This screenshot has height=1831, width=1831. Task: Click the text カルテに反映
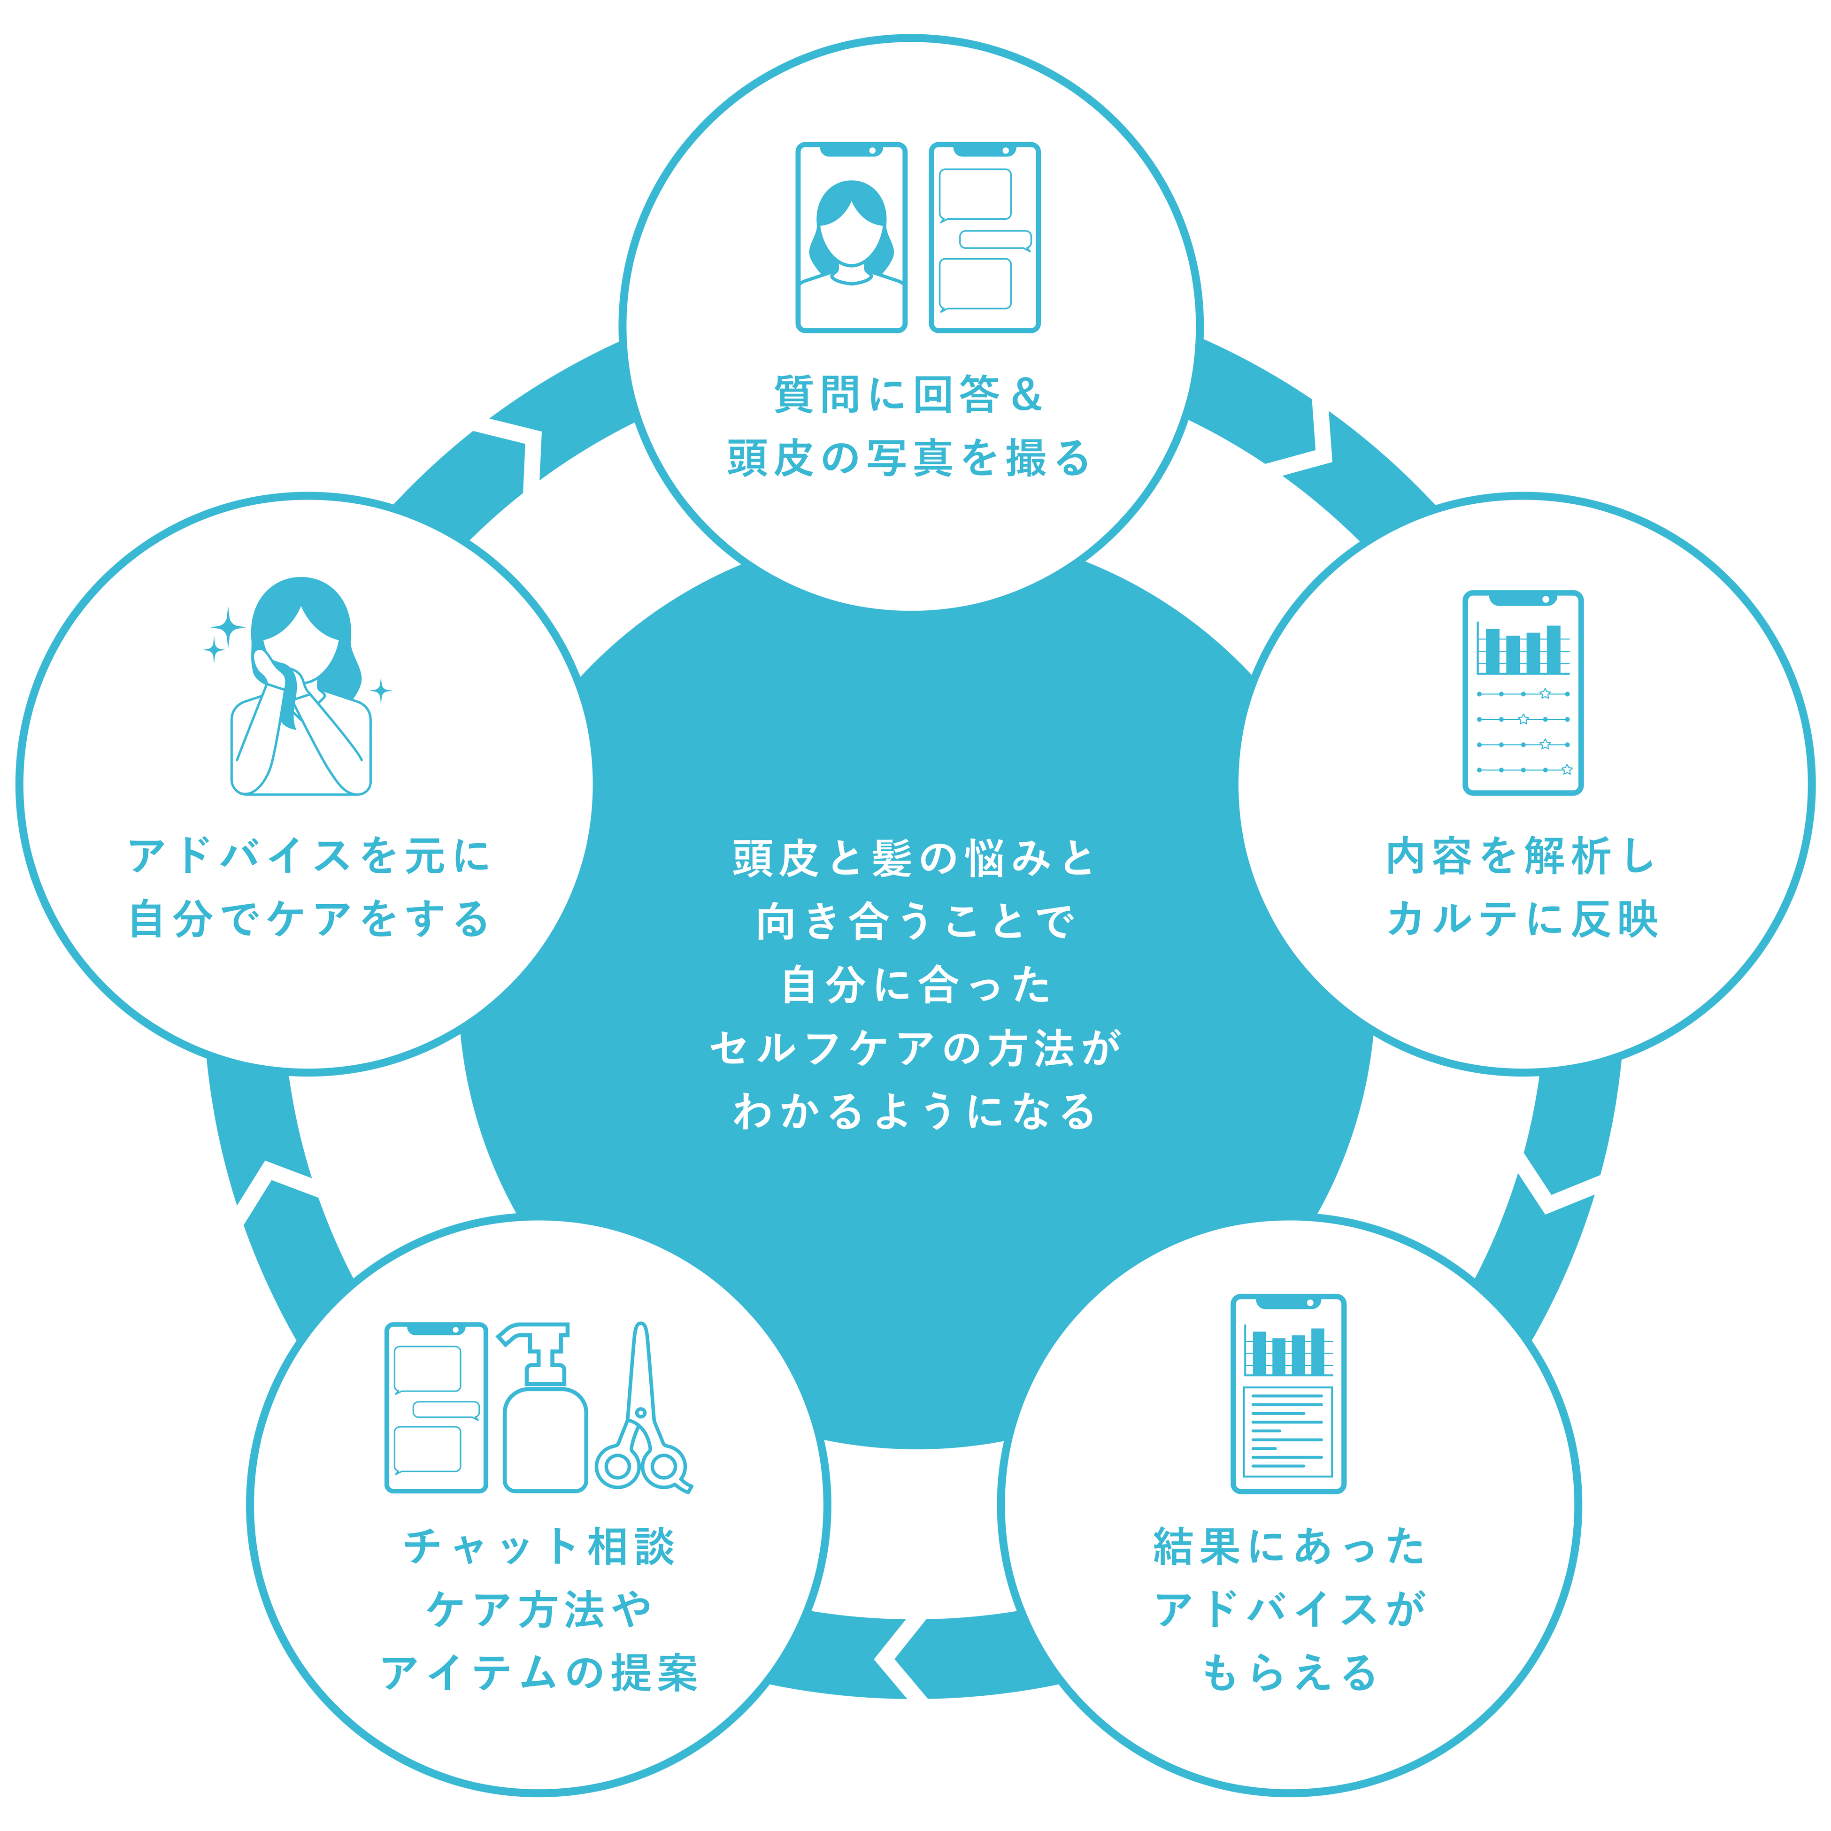[x=1522, y=919]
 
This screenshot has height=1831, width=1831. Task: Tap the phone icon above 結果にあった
[x=1288, y=1393]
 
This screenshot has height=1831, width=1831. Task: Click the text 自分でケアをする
[x=310, y=919]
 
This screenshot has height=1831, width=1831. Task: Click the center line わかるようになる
[x=915, y=1111]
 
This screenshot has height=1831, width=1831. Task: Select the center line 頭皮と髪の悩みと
[x=915, y=858]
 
